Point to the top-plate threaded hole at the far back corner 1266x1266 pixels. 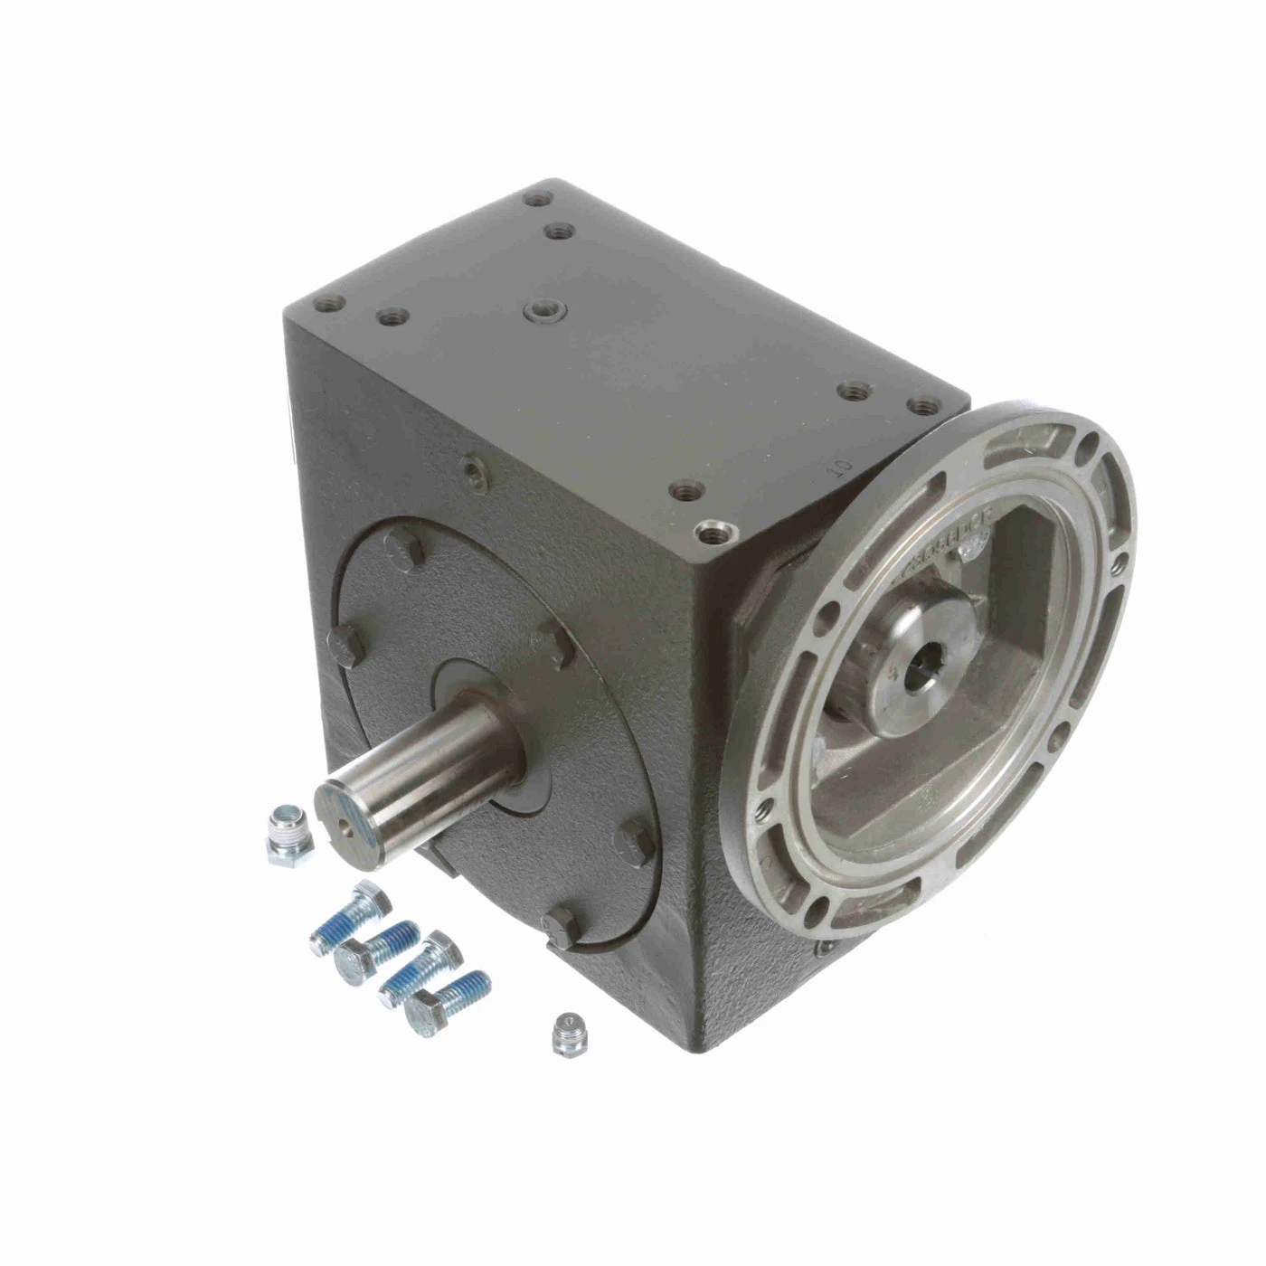tap(542, 194)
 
